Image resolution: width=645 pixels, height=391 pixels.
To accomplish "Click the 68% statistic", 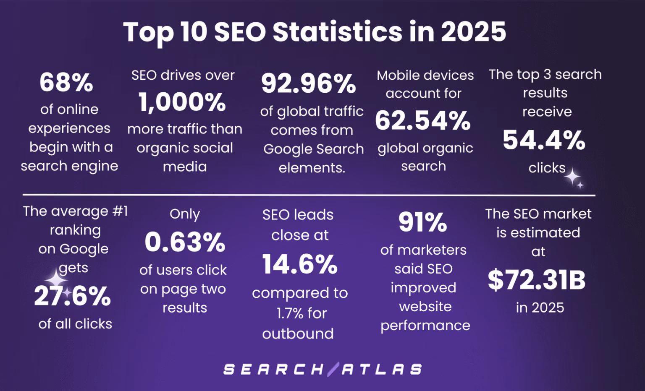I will pyautogui.click(x=66, y=83).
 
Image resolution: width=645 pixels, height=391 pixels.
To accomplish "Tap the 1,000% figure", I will pyautogui.click(x=182, y=102).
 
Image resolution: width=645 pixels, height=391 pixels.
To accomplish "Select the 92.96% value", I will pyautogui.click(x=309, y=83).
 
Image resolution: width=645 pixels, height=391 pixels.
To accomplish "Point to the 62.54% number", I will pyautogui.click(x=423, y=121).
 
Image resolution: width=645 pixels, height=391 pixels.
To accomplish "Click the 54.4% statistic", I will pyautogui.click(x=544, y=140).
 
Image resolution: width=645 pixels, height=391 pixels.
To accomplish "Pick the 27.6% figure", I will pyautogui.click(x=72, y=297).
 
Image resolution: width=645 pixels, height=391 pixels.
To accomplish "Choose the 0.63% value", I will pyautogui.click(x=185, y=242).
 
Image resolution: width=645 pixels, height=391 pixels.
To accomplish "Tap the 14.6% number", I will pyautogui.click(x=300, y=264).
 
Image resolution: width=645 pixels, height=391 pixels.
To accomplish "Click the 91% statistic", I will pyautogui.click(x=422, y=222).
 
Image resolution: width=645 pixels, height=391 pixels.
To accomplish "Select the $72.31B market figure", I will pyautogui.click(x=537, y=280).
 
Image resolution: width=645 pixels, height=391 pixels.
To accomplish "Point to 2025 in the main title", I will pyautogui.click(x=473, y=32).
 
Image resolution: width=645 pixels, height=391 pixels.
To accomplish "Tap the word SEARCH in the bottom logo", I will pyautogui.click(x=273, y=369).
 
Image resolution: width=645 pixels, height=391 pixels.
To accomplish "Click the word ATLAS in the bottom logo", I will pyautogui.click(x=382, y=369).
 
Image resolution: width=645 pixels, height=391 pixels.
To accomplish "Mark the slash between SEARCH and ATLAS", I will pyautogui.click(x=333, y=369).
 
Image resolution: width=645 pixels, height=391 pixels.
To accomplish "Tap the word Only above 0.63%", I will pyautogui.click(x=184, y=214).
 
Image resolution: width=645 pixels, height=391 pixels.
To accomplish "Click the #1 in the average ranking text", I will pyautogui.click(x=120, y=211).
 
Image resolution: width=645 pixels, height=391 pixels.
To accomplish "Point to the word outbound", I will pyautogui.click(x=298, y=334).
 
